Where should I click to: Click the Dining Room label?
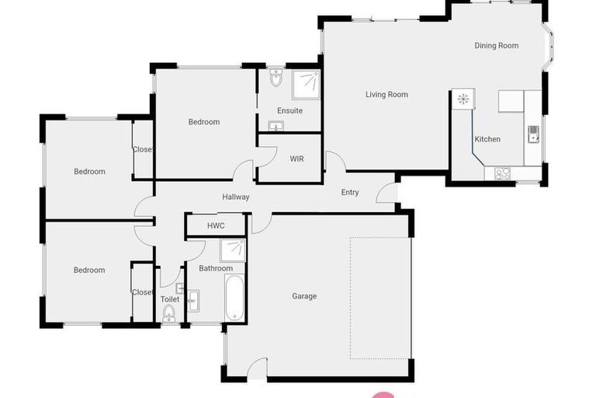coord(496,46)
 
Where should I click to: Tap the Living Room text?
coord(386,95)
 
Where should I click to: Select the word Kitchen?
coord(487,139)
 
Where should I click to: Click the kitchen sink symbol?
coord(533,134)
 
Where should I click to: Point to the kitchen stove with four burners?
coord(502,174)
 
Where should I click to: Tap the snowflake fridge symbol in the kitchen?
coord(463,99)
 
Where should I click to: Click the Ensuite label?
coord(289,111)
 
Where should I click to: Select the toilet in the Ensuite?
coord(275,79)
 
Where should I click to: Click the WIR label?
coord(296,159)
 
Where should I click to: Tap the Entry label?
coord(349,192)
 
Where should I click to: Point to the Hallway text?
coord(235,197)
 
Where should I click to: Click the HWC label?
coord(215,225)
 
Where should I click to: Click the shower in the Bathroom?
coord(232,250)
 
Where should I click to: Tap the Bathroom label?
coord(215,268)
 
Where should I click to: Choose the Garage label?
coord(304,296)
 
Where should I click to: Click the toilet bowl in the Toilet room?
coord(169,312)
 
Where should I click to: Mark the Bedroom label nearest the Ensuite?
coord(203,122)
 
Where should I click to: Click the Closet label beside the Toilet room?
coord(143,292)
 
